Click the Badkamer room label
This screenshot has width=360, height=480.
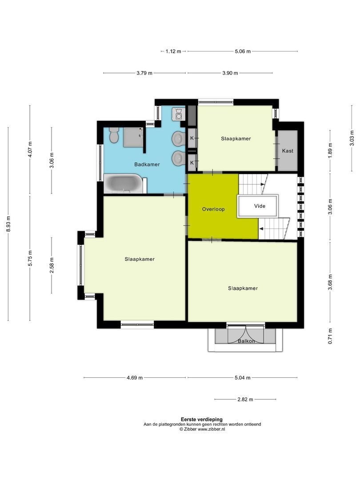(x=147, y=164)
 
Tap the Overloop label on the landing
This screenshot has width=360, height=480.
(x=213, y=209)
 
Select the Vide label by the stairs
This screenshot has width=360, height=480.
(x=259, y=206)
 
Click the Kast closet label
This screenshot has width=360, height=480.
(x=288, y=151)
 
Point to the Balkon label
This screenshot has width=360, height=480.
(x=246, y=341)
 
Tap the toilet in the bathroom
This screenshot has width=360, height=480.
(x=114, y=135)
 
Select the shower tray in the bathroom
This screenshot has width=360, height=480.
(x=133, y=136)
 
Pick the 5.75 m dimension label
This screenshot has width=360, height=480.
(x=30, y=258)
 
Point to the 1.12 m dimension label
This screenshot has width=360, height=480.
(x=173, y=52)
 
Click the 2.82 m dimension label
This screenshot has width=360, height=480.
(x=245, y=400)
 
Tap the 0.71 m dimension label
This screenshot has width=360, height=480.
(x=330, y=336)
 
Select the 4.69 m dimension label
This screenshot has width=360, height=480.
(x=135, y=378)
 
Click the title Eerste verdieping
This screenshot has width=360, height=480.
(x=202, y=419)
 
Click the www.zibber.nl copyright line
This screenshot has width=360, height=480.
(x=202, y=429)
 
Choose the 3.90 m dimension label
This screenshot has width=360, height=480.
(x=230, y=73)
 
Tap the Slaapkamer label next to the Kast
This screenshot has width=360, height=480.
(x=236, y=139)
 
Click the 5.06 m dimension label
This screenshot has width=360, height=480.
(x=242, y=52)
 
